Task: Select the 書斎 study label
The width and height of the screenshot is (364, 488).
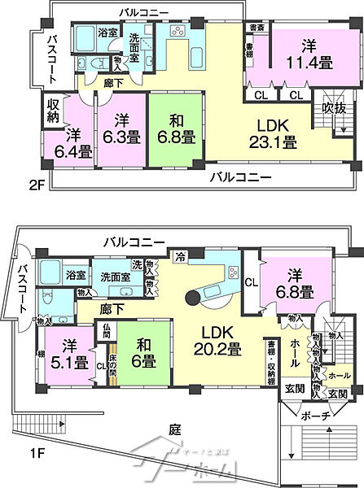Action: [255, 28]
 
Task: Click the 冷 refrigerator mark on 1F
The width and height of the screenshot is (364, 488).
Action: [181, 256]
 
